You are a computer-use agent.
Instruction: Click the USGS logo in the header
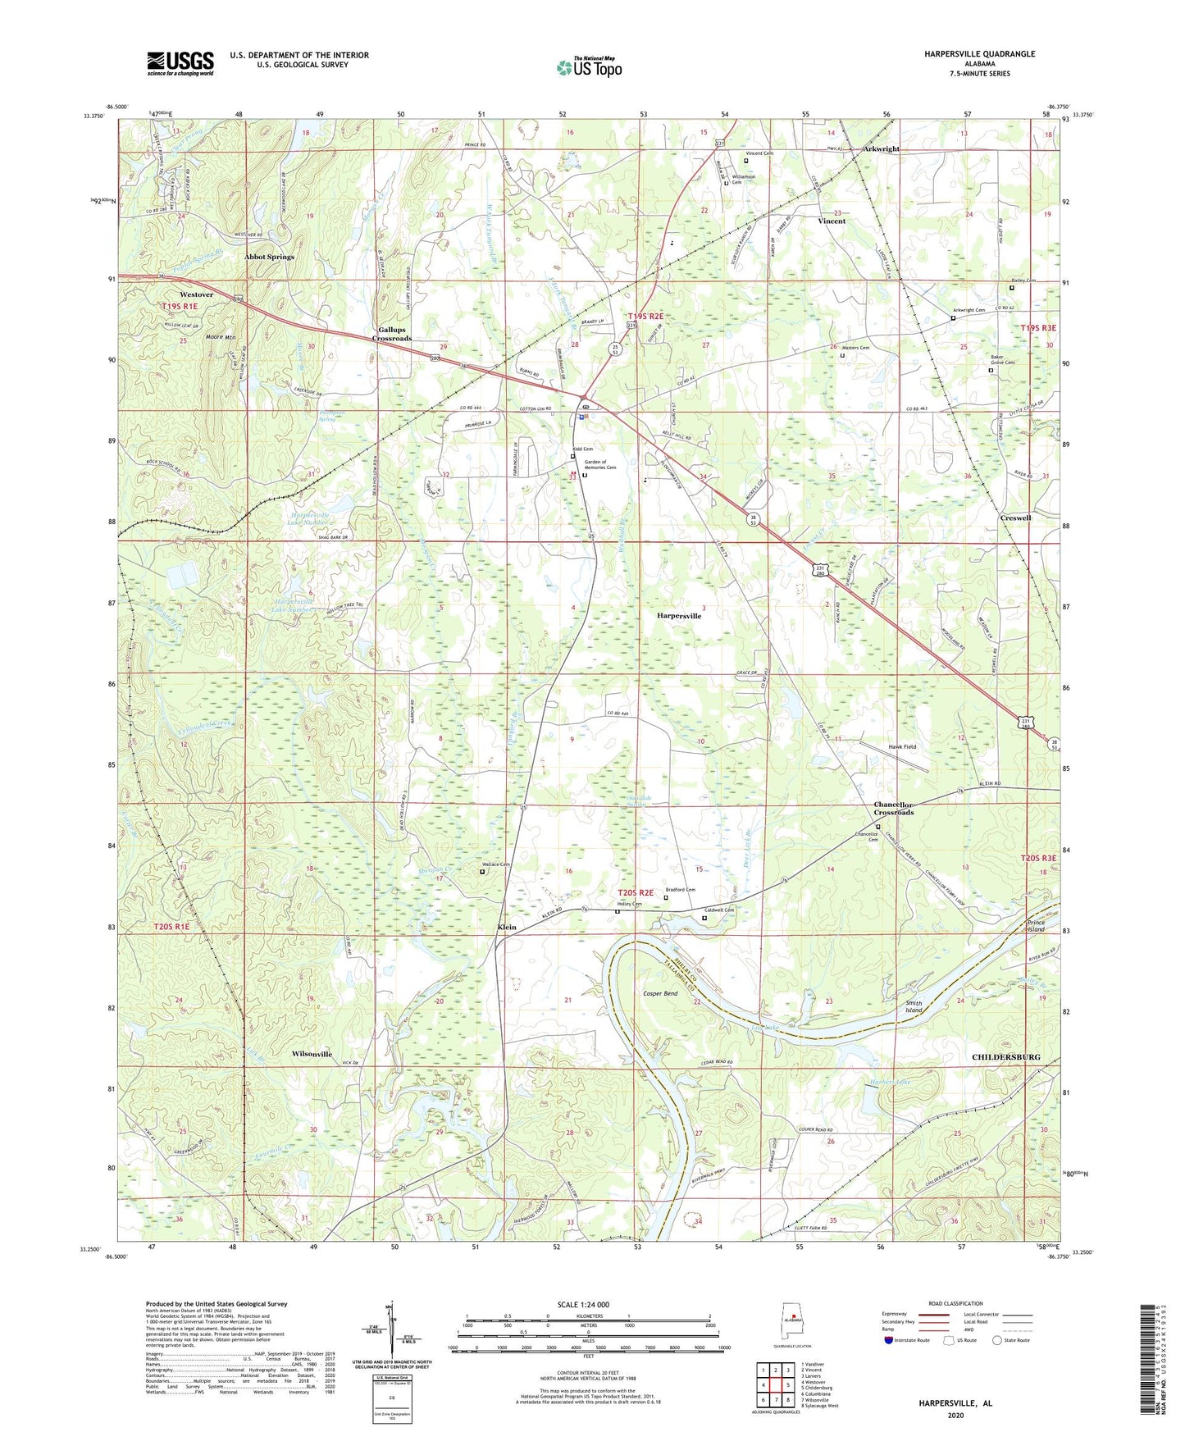(x=180, y=63)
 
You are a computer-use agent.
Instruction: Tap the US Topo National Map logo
(x=589, y=67)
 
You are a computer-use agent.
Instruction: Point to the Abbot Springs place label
(x=269, y=257)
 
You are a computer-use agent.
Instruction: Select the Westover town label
(x=196, y=294)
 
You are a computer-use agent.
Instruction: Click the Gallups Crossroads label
(x=392, y=333)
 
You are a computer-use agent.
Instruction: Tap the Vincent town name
(x=832, y=221)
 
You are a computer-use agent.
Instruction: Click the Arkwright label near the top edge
(x=881, y=149)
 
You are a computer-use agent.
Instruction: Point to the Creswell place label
(x=1015, y=518)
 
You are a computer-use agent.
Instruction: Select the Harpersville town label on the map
(x=679, y=615)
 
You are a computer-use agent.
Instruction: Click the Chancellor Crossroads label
(x=893, y=808)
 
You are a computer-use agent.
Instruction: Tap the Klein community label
(x=507, y=927)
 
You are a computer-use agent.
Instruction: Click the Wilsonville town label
(x=312, y=1053)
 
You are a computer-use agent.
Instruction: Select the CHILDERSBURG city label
(x=1005, y=1057)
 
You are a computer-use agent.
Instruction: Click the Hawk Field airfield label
(x=902, y=747)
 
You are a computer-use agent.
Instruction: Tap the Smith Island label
(x=913, y=1006)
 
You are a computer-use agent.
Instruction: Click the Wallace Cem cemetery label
(x=495, y=864)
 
